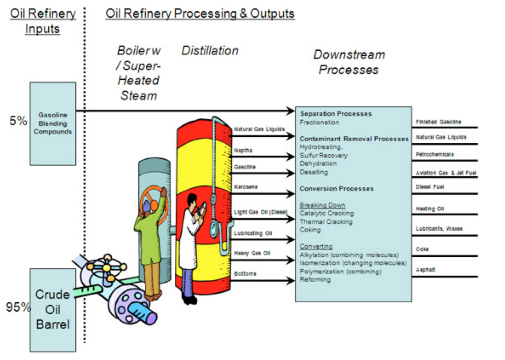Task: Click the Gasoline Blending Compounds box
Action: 53,124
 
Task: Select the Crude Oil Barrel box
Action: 53,309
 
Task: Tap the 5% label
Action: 18,121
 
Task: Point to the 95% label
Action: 18,307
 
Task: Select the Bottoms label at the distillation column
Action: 245,274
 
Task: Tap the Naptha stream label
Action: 243,151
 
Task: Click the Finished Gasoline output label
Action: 438,122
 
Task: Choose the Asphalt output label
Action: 425,270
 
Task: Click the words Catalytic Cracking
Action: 327,213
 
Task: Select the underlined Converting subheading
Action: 316,247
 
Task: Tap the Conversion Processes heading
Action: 336,189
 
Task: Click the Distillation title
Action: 210,51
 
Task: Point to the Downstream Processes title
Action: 349,62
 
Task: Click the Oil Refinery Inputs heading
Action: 43,21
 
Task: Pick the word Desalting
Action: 314,172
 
